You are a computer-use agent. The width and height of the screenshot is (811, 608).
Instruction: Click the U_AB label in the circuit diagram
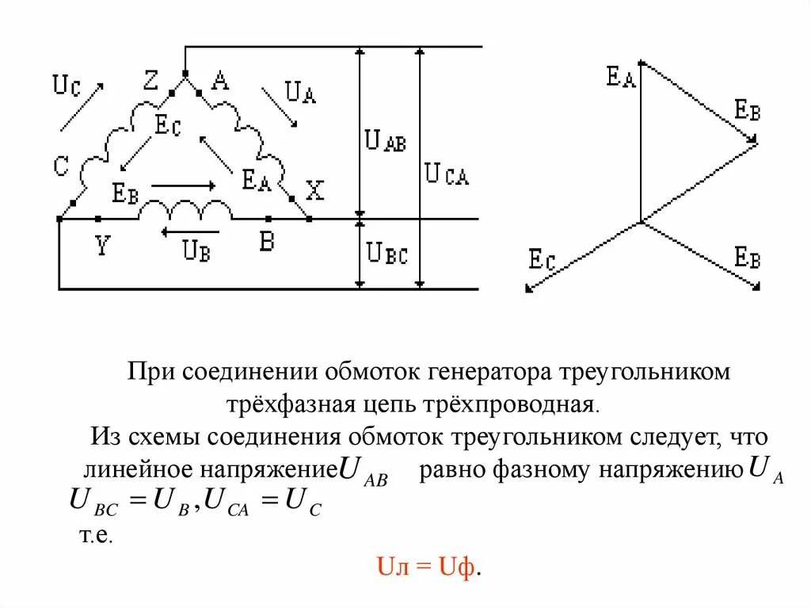pos(385,142)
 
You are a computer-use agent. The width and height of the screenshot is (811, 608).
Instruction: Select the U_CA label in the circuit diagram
pos(447,174)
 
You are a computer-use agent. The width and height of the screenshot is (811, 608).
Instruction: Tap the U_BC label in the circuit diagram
pos(387,254)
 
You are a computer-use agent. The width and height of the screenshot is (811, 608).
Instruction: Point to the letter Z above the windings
pos(151,80)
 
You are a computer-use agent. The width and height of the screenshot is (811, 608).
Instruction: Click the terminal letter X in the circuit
pos(315,190)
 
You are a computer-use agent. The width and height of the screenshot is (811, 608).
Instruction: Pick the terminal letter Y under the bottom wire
pos(101,246)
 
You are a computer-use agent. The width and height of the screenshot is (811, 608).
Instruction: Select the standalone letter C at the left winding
pos(62,166)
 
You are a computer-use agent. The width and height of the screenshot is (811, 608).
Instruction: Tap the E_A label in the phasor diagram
pos(621,78)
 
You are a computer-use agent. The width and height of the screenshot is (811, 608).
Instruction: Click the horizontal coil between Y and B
pos(185,211)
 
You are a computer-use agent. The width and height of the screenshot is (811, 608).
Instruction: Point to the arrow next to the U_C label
pos(81,105)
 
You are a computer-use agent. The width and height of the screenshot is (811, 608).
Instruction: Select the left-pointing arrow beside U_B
pos(180,232)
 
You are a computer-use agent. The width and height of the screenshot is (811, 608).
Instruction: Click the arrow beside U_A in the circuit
pos(280,105)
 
